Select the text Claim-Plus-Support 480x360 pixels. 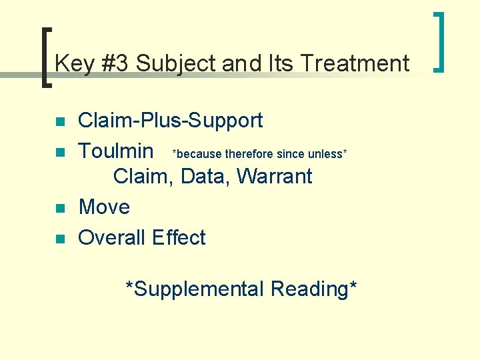coord(170,121)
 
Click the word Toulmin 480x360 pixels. coord(116,150)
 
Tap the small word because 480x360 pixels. coord(198,154)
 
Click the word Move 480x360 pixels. coord(104,207)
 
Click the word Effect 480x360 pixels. coord(179,237)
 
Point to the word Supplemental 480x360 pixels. coord(195,290)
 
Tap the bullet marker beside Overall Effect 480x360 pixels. coord(59,239)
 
